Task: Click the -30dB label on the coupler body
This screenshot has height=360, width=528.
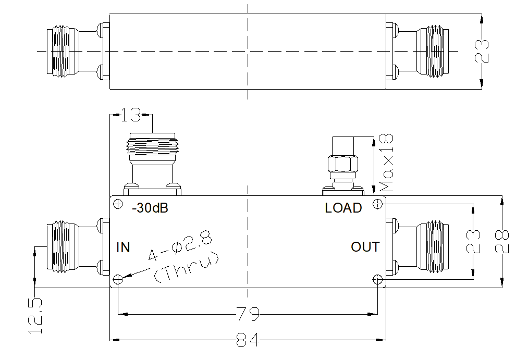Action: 150,208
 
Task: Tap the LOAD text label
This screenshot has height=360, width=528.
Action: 343,208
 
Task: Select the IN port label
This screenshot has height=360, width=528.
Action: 123,247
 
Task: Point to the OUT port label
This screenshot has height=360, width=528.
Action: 365,247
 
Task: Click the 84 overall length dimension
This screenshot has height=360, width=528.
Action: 248,341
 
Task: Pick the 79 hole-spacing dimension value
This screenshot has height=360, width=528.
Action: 248,315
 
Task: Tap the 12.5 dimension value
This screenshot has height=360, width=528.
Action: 35,316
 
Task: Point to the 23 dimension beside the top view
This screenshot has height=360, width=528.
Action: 484,51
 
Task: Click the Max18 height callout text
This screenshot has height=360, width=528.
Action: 387,163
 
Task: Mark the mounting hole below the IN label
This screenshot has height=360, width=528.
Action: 118,280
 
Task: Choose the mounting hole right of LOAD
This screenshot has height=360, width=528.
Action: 377,203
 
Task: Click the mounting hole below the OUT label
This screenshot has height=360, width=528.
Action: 377,280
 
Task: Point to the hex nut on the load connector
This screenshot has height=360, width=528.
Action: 342,165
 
